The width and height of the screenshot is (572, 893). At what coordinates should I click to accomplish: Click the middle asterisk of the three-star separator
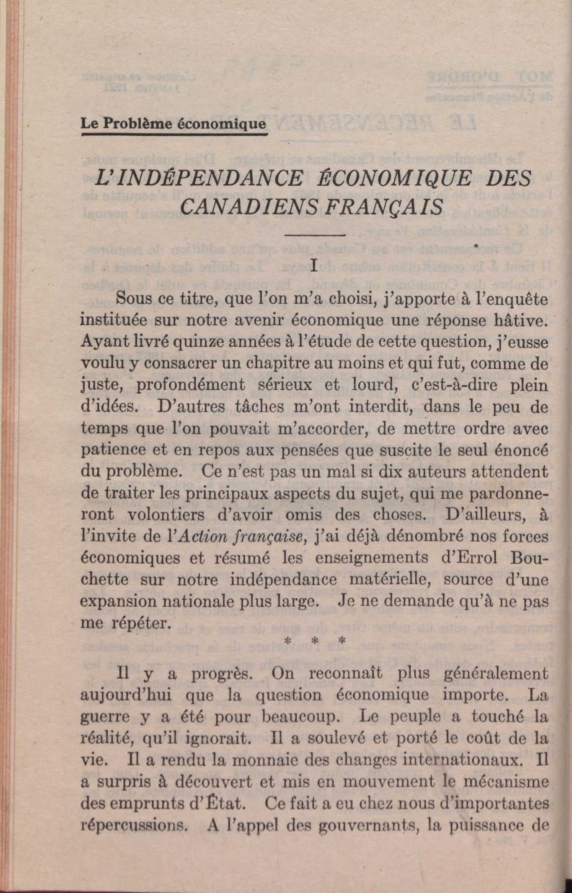313,641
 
